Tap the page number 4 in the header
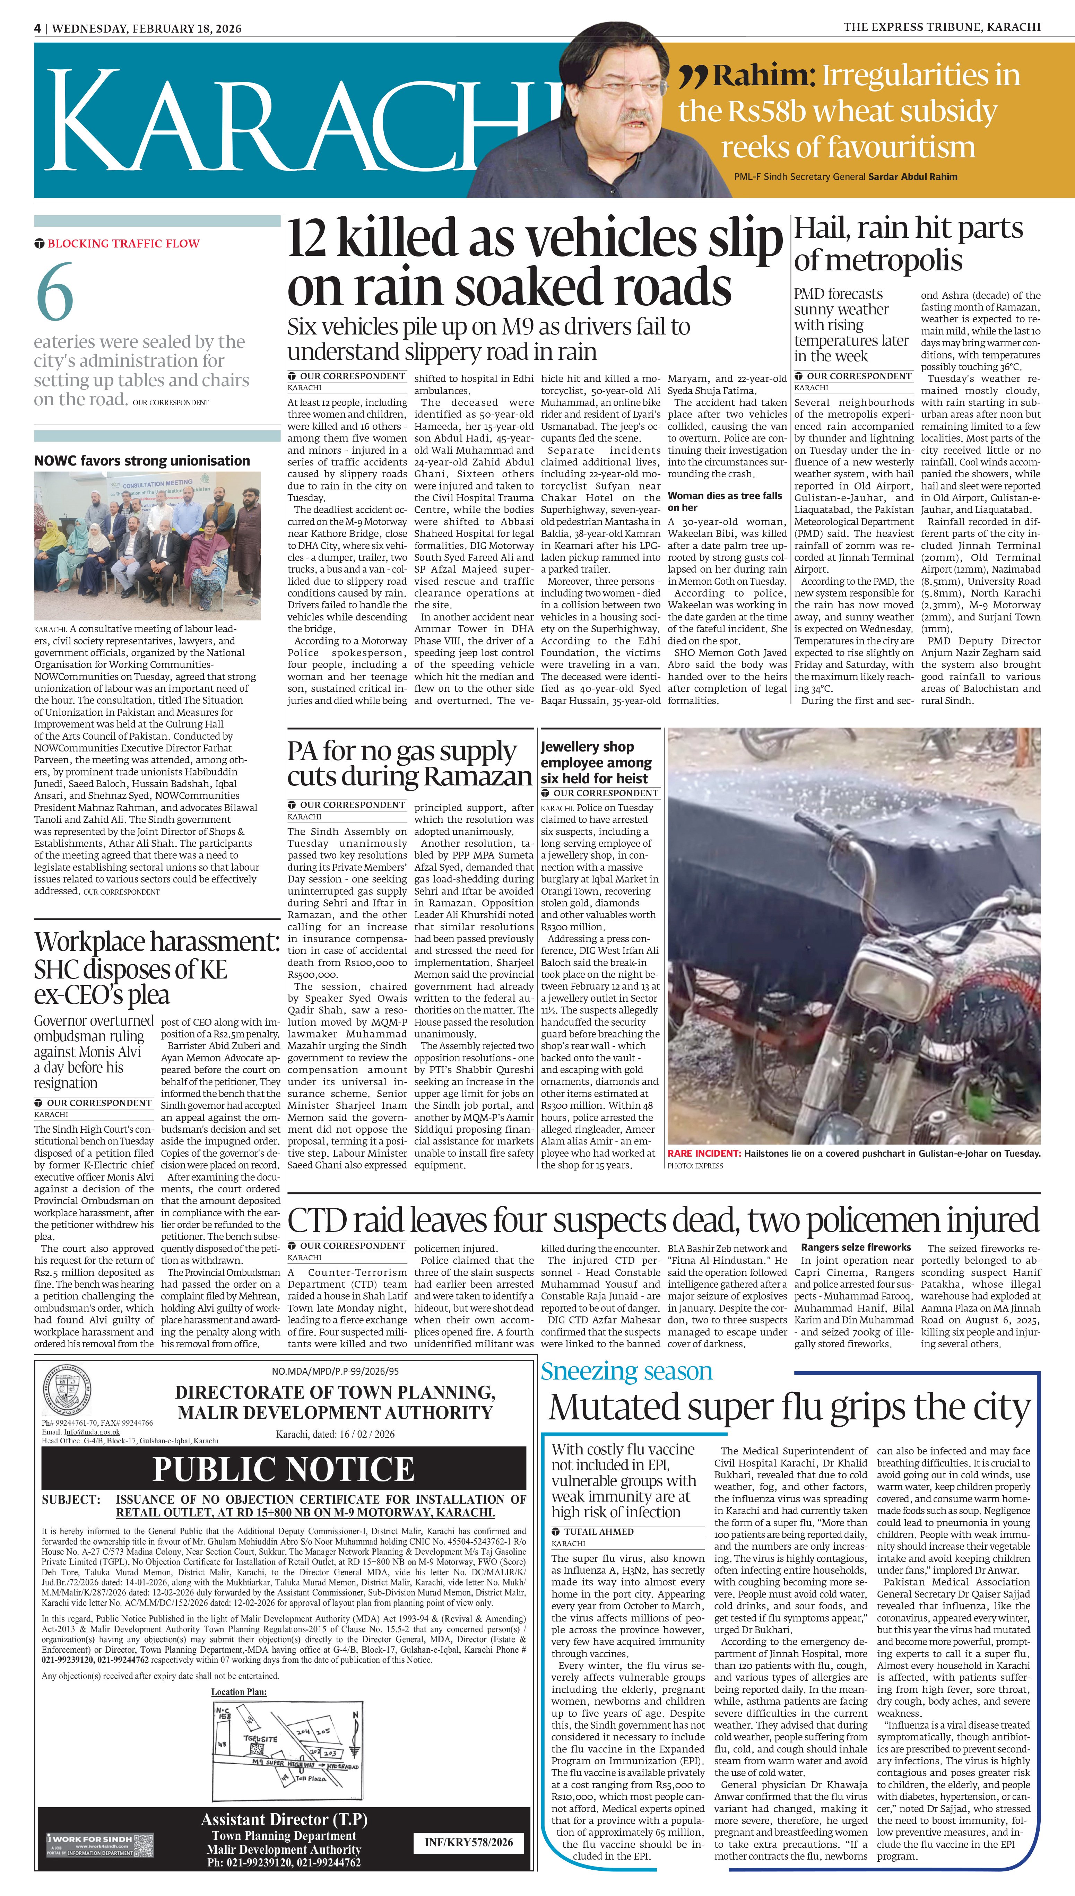(37, 28)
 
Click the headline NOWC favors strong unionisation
(142, 461)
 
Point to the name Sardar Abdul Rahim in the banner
(912, 176)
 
